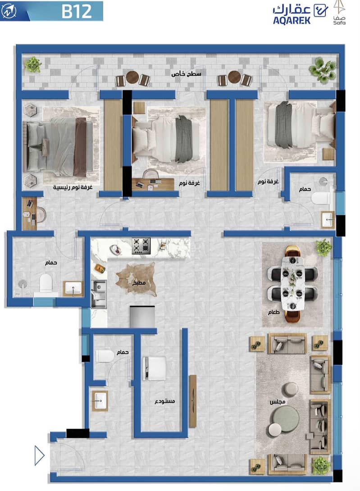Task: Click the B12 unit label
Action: pos(77,11)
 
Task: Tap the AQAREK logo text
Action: pos(292,20)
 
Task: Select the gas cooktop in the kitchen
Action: pos(141,246)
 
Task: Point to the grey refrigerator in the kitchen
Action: pos(142,317)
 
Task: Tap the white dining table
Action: pos(292,284)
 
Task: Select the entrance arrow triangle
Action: pos(40,455)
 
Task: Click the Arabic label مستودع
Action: pos(165,401)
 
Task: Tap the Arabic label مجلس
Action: pos(278,402)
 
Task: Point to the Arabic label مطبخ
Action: pos(139,283)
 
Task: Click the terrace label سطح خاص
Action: pos(186,74)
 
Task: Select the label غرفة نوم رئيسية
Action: pos(73,187)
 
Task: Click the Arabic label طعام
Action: pos(274,312)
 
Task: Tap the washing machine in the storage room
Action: pos(154,368)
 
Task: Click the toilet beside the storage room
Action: pos(105,356)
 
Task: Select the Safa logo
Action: pos(339,13)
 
